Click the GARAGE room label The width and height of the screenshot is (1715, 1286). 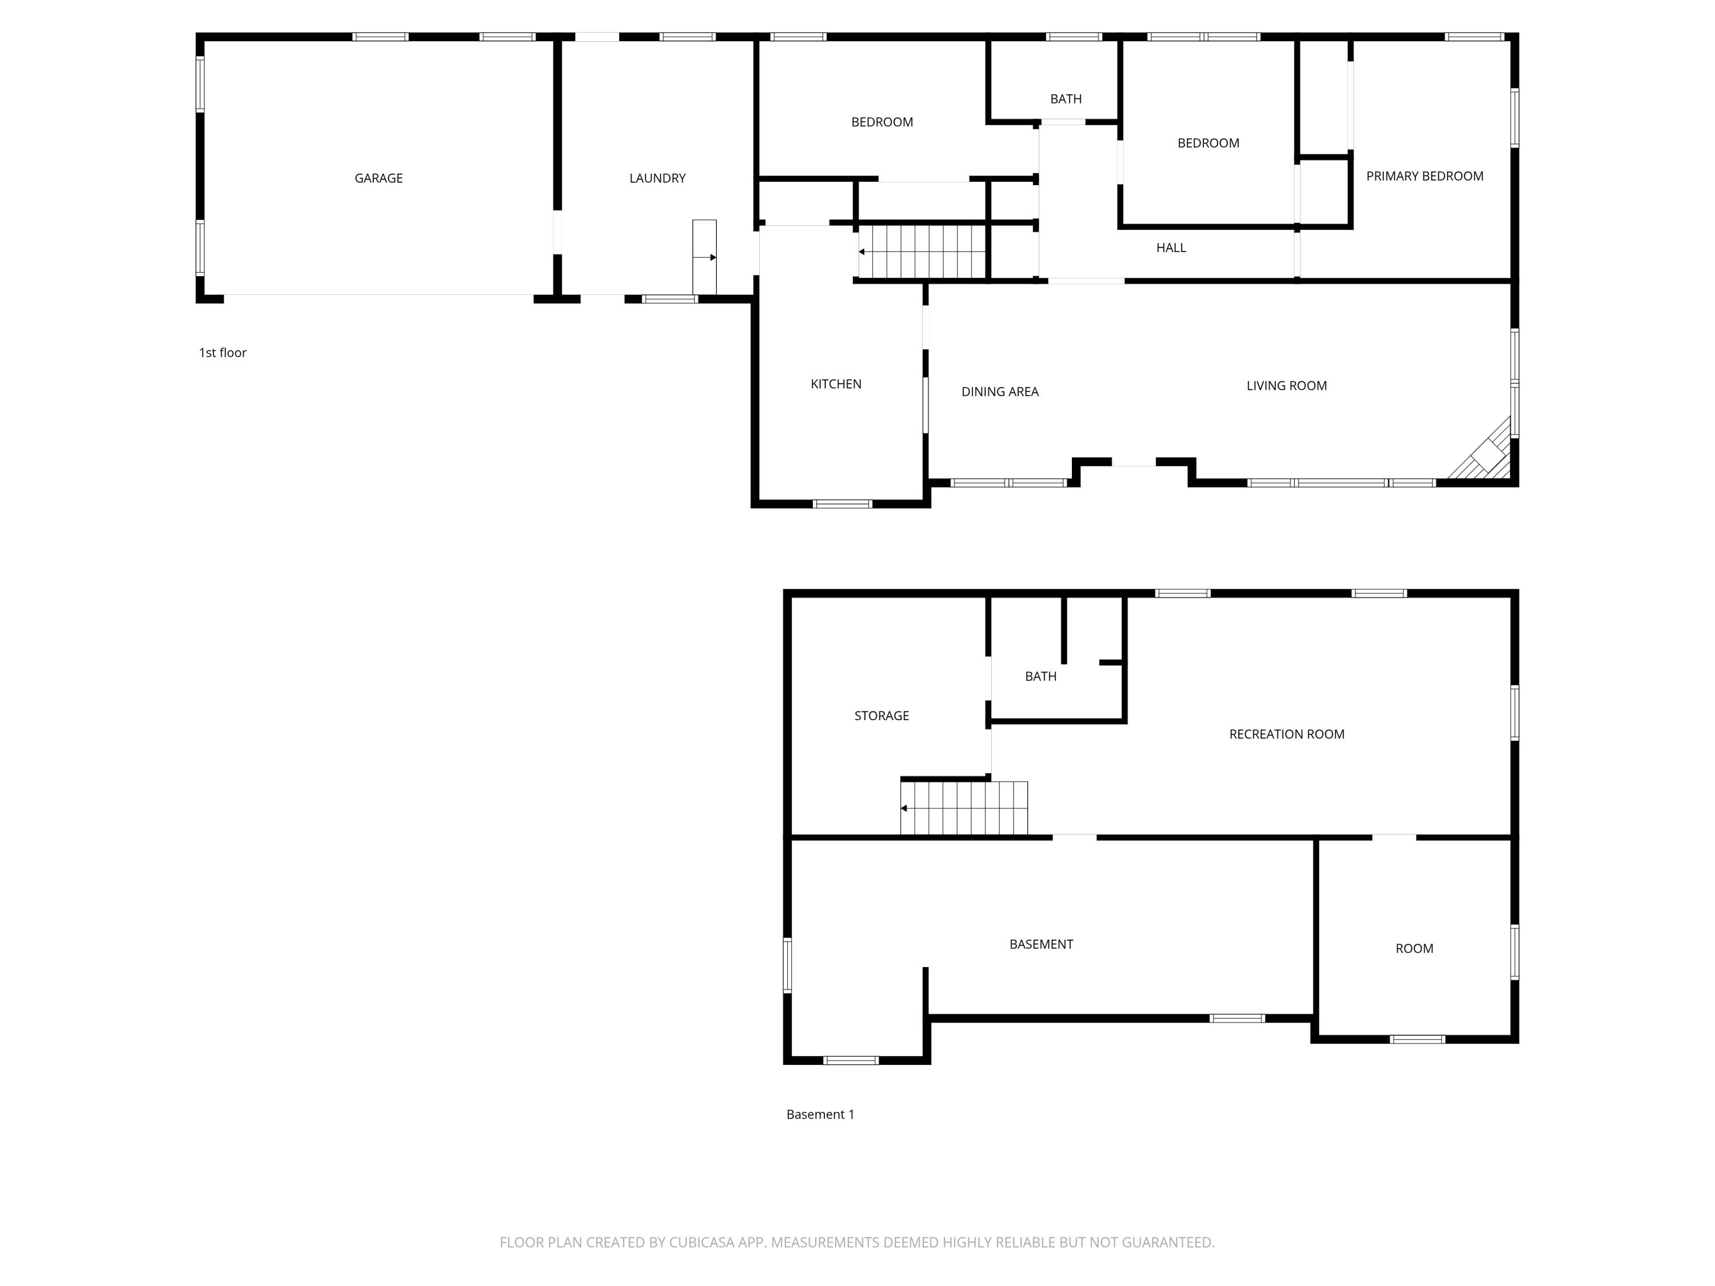point(378,178)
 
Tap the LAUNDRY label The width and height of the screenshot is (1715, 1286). point(657,178)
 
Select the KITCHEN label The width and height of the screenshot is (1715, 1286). point(836,384)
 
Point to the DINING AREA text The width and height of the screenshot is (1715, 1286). point(999,392)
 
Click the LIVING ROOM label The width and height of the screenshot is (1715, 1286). point(1286,385)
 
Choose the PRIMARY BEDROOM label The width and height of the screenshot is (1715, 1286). point(1424,176)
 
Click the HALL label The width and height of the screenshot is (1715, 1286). point(1171,247)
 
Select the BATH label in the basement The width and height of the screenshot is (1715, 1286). point(1040,676)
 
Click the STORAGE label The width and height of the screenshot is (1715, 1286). point(882,716)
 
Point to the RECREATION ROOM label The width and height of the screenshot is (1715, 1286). point(1286,734)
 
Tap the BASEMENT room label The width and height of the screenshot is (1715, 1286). point(1040,944)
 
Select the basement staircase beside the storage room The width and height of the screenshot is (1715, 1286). point(964,808)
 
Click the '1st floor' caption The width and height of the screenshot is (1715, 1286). point(222,353)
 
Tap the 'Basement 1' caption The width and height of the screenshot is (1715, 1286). point(820,1114)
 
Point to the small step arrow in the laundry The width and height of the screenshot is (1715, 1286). point(705,257)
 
